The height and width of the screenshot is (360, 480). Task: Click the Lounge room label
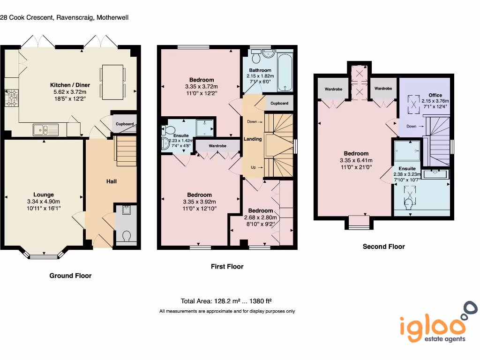[x=43, y=195]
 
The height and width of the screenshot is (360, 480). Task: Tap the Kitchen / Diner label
[x=70, y=85]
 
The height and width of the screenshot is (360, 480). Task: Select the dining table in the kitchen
[x=113, y=82]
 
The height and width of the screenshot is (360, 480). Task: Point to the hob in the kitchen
[x=10, y=98]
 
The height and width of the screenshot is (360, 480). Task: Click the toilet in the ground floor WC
[x=125, y=236]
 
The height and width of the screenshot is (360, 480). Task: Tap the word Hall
[x=112, y=181]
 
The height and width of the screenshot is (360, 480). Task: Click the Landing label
[x=253, y=139]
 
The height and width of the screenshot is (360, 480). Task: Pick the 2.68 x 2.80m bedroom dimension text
[x=261, y=217]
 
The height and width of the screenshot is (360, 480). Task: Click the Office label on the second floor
[x=435, y=95]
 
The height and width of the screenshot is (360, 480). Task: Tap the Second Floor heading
[x=383, y=247]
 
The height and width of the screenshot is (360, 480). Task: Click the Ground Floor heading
[x=70, y=276]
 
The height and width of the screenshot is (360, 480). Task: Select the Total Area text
[x=226, y=301]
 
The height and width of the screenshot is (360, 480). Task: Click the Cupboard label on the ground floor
[x=125, y=124]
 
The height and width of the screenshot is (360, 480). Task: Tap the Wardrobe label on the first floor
[x=217, y=146]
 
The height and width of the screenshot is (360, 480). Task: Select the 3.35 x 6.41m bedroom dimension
[x=356, y=160]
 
